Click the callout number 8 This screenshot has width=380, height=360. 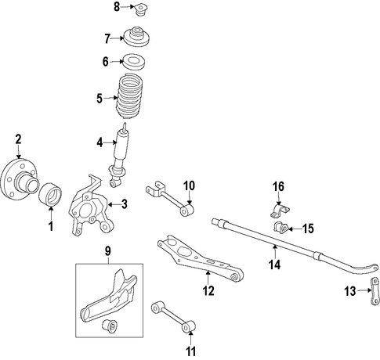click(117, 7)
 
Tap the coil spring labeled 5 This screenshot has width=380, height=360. click(130, 97)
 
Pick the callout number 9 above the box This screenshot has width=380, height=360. click(108, 251)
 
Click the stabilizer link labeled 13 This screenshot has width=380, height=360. click(375, 290)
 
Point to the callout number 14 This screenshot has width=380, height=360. click(275, 265)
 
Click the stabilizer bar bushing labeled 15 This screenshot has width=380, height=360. click(280, 229)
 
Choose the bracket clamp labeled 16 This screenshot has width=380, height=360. click(280, 211)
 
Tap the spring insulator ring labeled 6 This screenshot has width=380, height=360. click(134, 62)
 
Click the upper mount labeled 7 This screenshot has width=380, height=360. click(136, 37)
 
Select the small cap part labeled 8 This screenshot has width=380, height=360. click(141, 9)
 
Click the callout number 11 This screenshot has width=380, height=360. click(190, 351)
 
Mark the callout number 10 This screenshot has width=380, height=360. click(189, 186)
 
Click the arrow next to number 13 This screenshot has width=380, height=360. click(364, 290)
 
